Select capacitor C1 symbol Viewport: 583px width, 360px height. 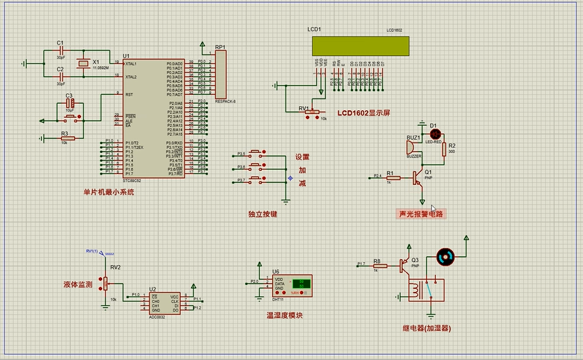[x=61, y=51]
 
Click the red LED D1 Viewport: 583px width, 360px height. [x=436, y=134]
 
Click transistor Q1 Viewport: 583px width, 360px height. [x=417, y=178]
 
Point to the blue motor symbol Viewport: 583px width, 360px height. [x=444, y=257]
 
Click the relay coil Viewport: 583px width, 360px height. [x=417, y=291]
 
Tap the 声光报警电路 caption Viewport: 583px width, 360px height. [x=421, y=214]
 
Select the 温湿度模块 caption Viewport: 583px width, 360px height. [x=284, y=315]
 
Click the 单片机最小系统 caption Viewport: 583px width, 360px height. [x=109, y=192]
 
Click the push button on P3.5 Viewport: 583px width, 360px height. [x=257, y=154]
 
